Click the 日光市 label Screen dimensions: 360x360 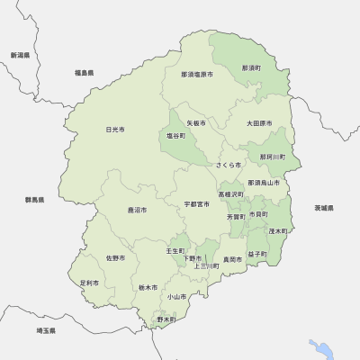pyautogui.click(x=114, y=130)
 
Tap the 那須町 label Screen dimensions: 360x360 pyautogui.click(x=251, y=68)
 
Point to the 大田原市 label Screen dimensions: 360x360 pyautogui.click(x=260, y=122)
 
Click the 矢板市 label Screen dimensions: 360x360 pyautogui.click(x=196, y=122)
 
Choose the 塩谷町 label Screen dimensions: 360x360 pyautogui.click(x=175, y=136)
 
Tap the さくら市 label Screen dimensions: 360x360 pyautogui.click(x=229, y=166)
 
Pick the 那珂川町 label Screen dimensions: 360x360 pyautogui.click(x=272, y=157)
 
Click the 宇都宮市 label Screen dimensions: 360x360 pyautogui.click(x=195, y=204)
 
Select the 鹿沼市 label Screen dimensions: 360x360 pyautogui.click(x=137, y=210)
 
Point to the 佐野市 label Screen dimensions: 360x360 pyautogui.click(x=115, y=258)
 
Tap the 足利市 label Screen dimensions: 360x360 pyautogui.click(x=88, y=283)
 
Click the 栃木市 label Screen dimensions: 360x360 pyautogui.click(x=148, y=287)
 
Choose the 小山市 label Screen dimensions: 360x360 pyautogui.click(x=175, y=296)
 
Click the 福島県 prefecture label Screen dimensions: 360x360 pyautogui.click(x=85, y=72)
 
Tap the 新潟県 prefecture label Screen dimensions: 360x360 pyautogui.click(x=20, y=55)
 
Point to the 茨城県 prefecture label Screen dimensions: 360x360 pyautogui.click(x=324, y=208)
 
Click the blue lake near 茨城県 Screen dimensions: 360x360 pyautogui.click(x=319, y=349)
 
